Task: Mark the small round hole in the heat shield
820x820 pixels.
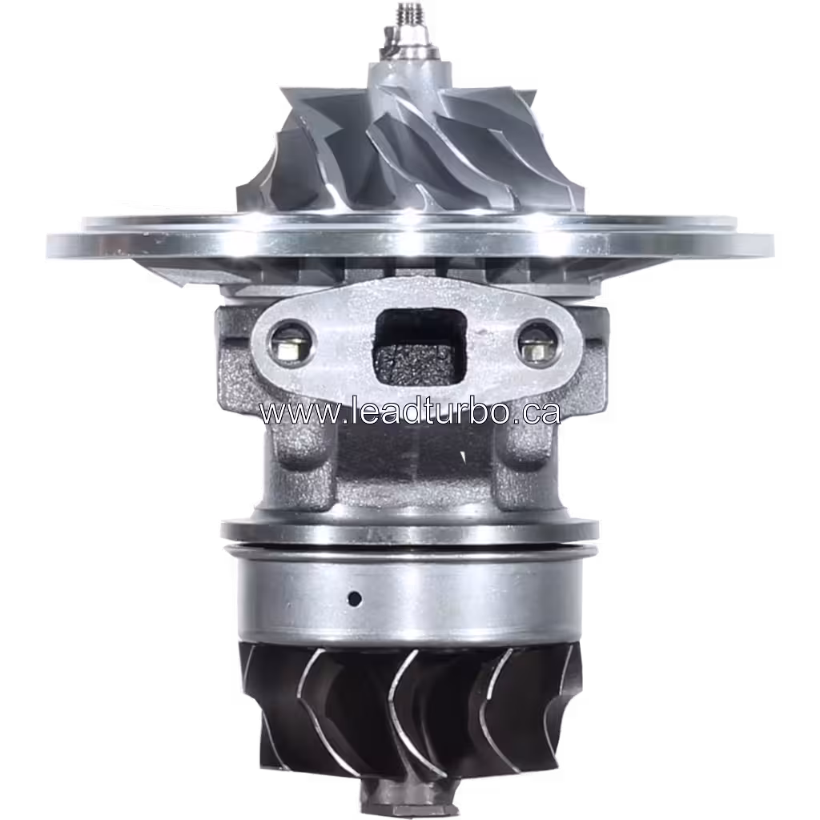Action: tap(354, 597)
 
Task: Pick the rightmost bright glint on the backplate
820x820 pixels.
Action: tap(561, 232)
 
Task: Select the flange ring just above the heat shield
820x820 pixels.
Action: tap(408, 530)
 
